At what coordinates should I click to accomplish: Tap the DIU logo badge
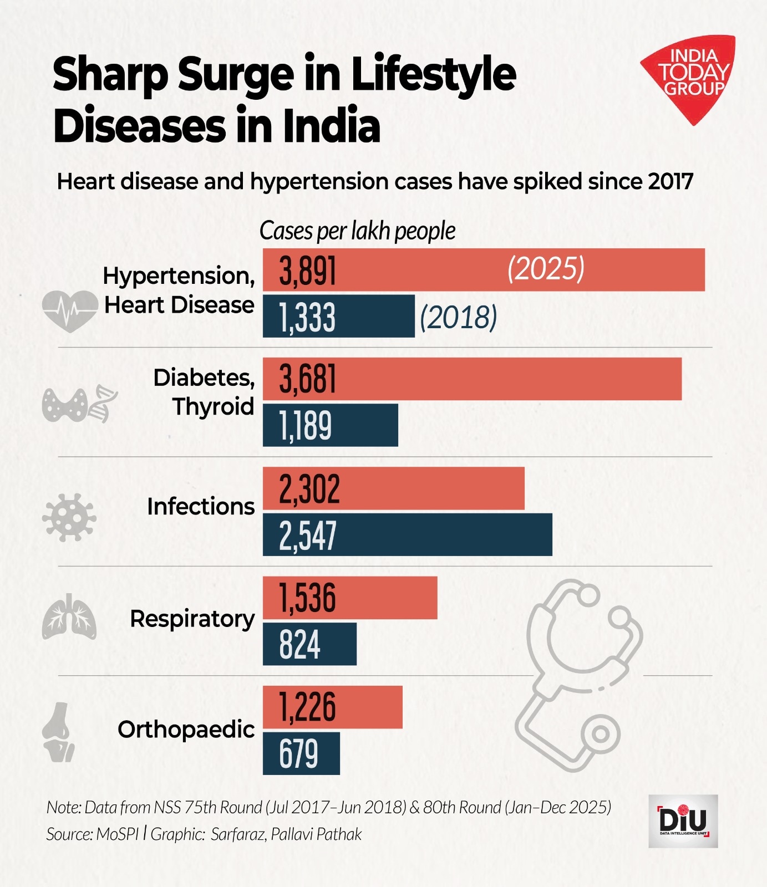coord(683,821)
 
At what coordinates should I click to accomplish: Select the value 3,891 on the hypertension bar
coord(308,271)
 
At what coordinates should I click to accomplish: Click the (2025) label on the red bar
coord(546,269)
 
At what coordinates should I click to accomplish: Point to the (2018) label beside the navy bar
coord(458,317)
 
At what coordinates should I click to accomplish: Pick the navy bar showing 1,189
coord(330,425)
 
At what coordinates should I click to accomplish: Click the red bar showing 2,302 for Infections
coord(393,488)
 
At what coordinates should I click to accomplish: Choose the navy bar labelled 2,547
coord(407,535)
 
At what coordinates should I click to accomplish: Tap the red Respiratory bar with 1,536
coord(349,598)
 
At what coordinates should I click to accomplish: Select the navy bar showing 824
coord(309,644)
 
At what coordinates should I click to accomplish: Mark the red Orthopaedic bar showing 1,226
coord(332,707)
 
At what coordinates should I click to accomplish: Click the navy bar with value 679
coord(301,753)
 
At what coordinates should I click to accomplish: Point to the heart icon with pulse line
coord(70,311)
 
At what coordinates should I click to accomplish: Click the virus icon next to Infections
coord(69,517)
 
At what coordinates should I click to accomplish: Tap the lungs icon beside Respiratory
coord(69,617)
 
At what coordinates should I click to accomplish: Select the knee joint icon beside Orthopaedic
coord(58,732)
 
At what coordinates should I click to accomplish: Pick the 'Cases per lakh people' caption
coord(357,231)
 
